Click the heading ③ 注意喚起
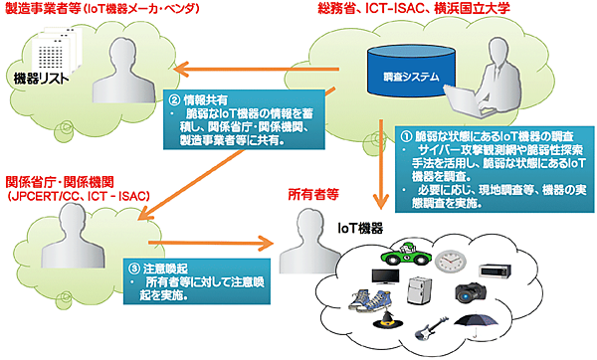[158, 268]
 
